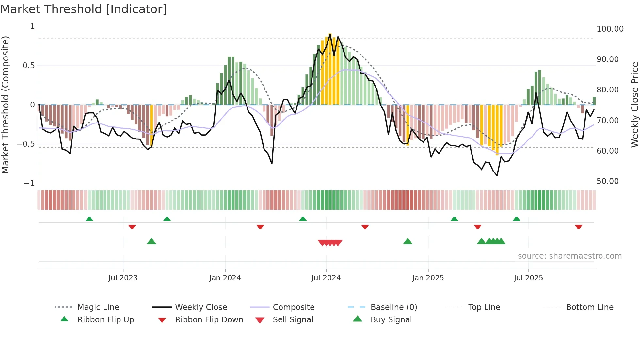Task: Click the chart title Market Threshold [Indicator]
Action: pyautogui.click(x=84, y=9)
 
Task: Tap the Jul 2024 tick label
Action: pyautogui.click(x=326, y=278)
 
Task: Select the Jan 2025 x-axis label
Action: pyautogui.click(x=428, y=278)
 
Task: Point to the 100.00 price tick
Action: pyautogui.click(x=610, y=29)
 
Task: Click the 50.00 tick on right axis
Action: pyautogui.click(x=607, y=181)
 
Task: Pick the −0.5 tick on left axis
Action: pyautogui.click(x=26, y=144)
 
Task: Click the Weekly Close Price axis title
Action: pyautogui.click(x=634, y=105)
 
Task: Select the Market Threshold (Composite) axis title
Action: pyautogui.click(x=5, y=105)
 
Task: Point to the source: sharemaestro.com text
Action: pyautogui.click(x=569, y=256)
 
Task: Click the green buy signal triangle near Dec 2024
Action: pyautogui.click(x=408, y=242)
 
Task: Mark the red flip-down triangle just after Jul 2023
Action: pyautogui.click(x=132, y=227)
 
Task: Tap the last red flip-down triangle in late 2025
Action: pyautogui.click(x=578, y=227)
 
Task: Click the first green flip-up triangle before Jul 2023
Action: pyautogui.click(x=89, y=219)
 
